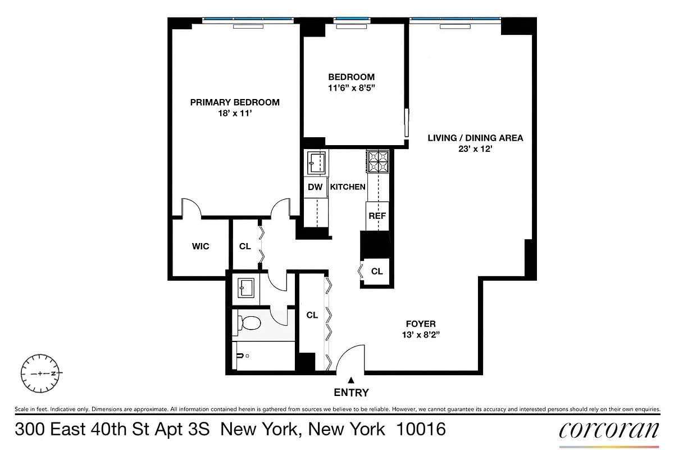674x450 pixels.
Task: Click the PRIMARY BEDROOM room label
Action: click(x=235, y=102)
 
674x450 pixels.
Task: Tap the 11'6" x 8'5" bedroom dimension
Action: click(x=351, y=88)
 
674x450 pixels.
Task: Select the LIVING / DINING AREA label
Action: click(x=475, y=138)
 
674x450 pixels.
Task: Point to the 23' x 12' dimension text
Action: click(x=475, y=149)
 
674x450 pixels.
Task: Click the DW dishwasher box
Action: click(x=316, y=187)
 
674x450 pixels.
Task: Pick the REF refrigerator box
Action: click(x=377, y=216)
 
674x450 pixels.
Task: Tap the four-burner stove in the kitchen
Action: click(x=377, y=161)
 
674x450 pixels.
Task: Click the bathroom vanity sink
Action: click(x=246, y=289)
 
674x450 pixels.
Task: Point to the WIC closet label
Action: click(x=201, y=246)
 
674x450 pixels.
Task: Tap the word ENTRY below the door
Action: click(x=351, y=393)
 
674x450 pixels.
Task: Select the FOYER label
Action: click(x=421, y=324)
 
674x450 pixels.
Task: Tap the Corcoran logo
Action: click(x=609, y=430)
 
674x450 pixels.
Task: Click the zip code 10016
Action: click(x=421, y=430)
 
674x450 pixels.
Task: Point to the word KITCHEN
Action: click(x=348, y=187)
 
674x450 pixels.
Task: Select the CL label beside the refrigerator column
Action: click(x=377, y=272)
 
